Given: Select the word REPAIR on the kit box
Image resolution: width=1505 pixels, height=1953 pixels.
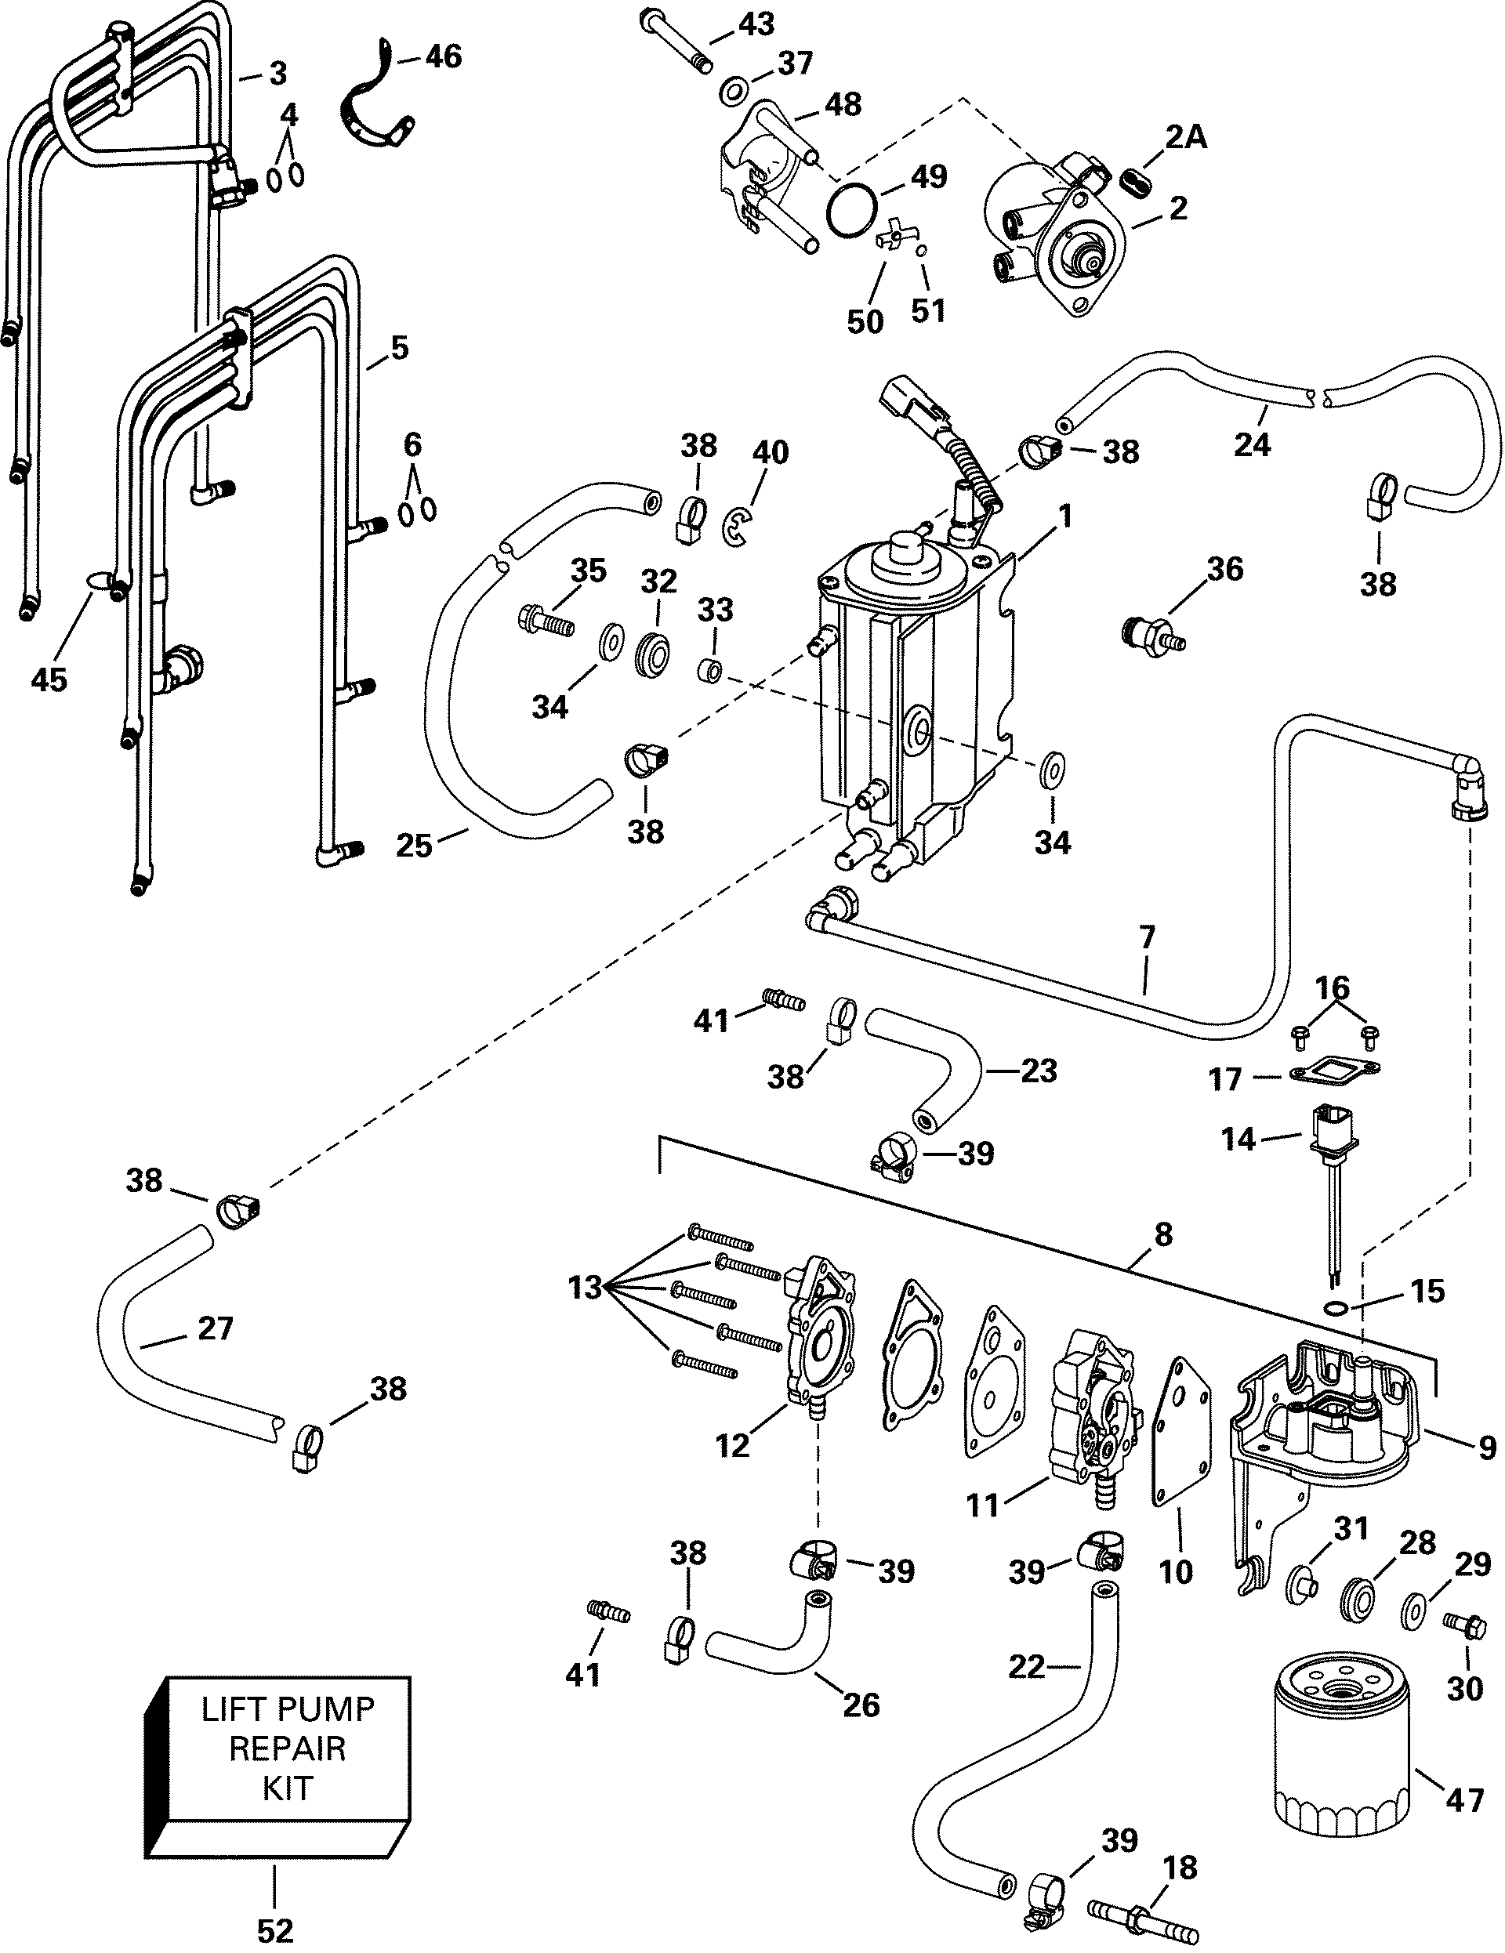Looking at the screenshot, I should (287, 1748).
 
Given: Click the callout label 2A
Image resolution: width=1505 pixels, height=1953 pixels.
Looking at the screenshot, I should (1186, 137).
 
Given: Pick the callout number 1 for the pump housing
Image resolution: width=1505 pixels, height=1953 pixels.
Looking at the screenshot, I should (1065, 516).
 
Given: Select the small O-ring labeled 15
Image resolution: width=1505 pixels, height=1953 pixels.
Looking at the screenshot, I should (1336, 1308).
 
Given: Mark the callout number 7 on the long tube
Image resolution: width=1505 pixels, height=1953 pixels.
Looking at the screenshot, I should (1148, 937).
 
